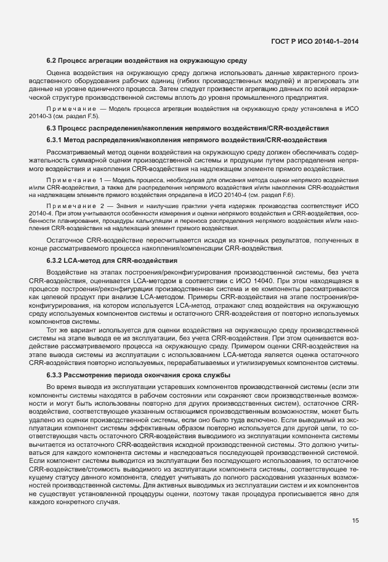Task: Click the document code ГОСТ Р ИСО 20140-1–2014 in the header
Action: [x=315, y=41]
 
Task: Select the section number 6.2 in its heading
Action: [x=52, y=60]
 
